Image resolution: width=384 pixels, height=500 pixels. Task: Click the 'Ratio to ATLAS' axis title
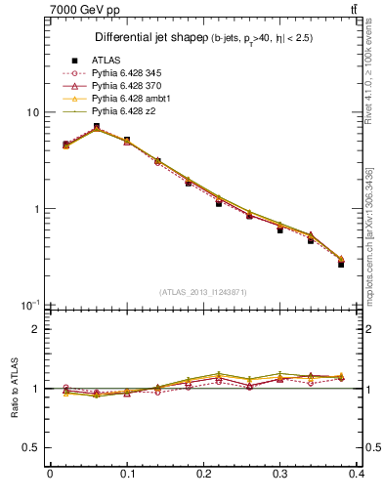coord(12,388)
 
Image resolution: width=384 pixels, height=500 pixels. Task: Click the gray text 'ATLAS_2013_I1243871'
coord(203,292)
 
